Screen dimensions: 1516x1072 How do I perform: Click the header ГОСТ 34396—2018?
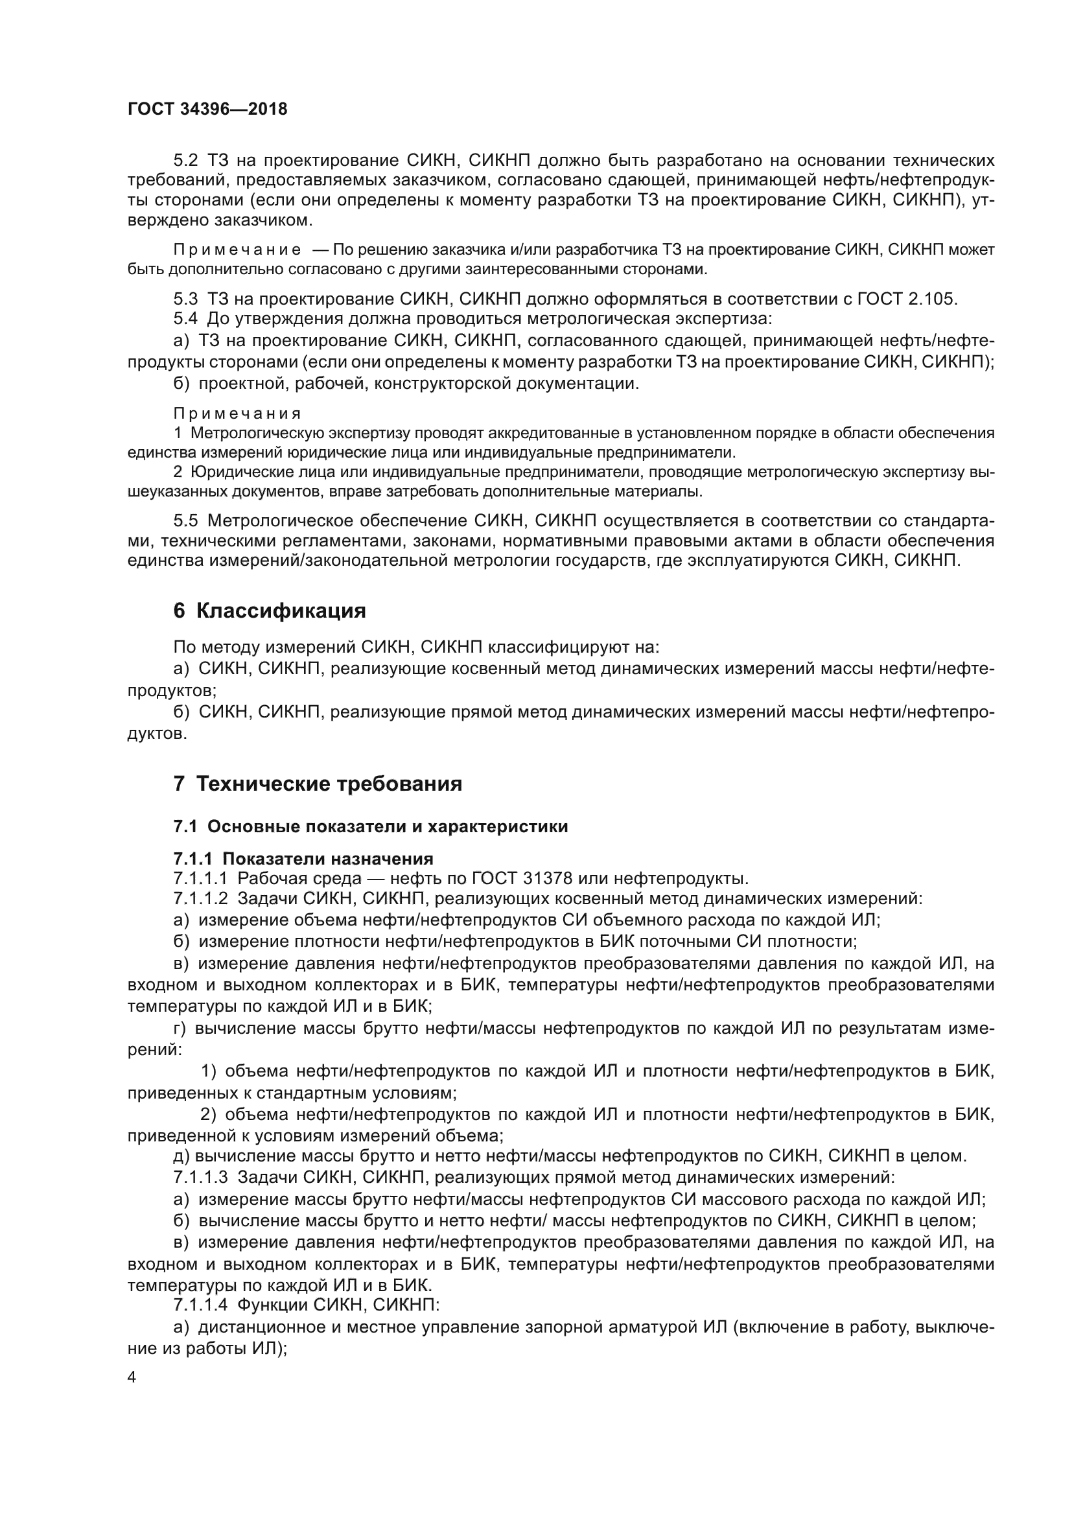(x=207, y=110)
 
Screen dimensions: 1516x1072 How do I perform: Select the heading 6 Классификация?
(x=270, y=611)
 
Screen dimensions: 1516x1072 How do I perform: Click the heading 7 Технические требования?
(x=318, y=784)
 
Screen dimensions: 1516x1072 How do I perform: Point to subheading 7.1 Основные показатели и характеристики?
(x=370, y=826)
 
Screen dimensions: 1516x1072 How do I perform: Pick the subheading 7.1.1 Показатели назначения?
(x=303, y=859)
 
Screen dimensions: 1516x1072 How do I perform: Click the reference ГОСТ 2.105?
(x=906, y=299)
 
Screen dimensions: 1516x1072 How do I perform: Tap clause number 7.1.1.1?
(x=201, y=879)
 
